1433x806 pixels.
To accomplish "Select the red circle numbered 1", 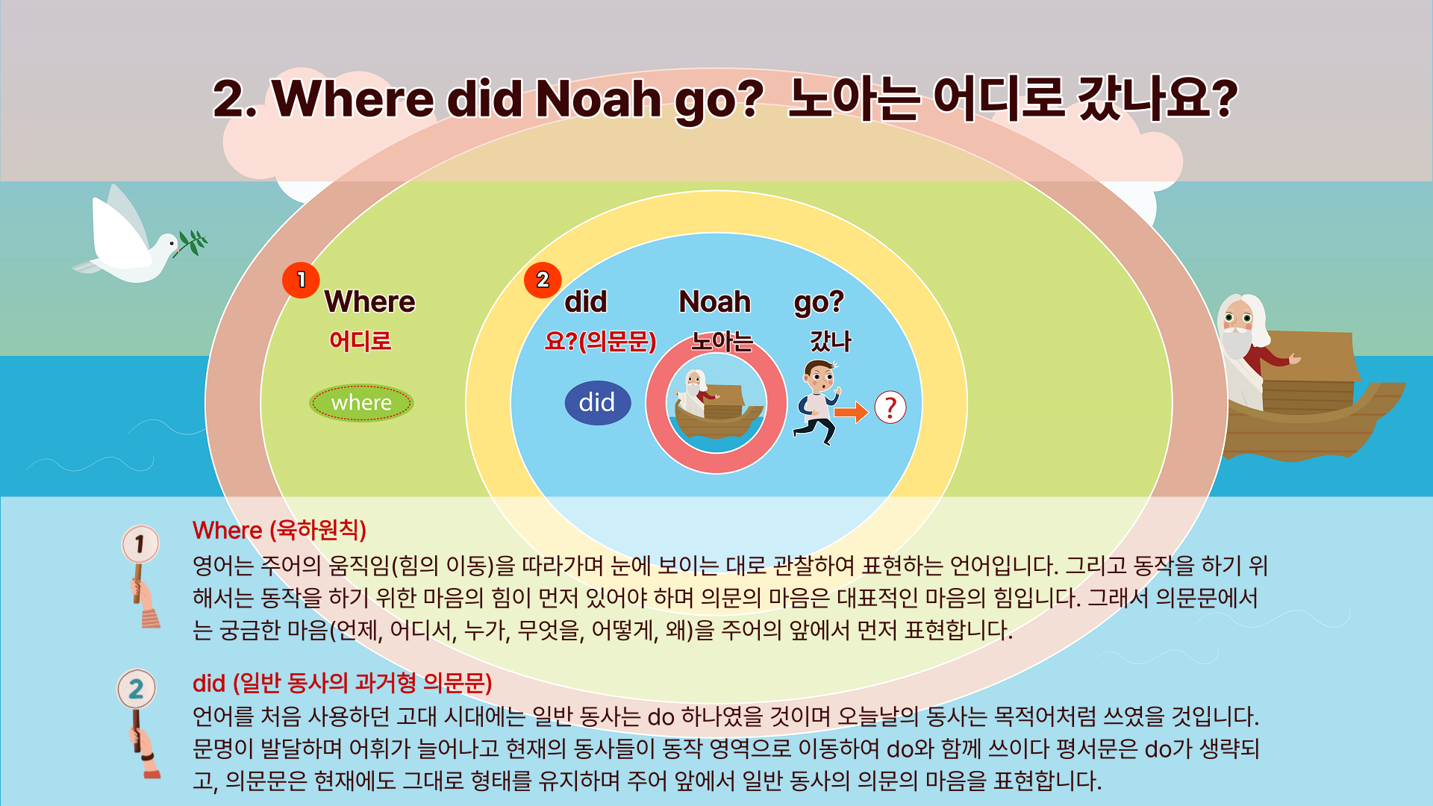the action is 301,280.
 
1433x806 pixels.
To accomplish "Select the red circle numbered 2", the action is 543,280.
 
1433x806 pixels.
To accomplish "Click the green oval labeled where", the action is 361,403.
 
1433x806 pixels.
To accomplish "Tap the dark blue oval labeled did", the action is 598,403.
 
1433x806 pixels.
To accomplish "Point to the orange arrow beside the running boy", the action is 852,411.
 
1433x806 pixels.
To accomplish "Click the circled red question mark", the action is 890,407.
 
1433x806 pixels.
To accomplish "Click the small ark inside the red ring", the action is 716,407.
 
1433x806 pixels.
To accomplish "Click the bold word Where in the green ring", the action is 370,302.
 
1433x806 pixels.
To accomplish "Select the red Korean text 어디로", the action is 360,341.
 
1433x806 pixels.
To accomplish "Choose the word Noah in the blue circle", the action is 715,302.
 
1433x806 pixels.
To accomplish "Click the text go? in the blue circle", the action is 819,302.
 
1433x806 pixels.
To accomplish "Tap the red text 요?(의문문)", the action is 601,341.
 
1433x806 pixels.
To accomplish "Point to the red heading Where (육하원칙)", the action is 280,530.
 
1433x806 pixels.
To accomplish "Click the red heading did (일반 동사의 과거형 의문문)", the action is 343,683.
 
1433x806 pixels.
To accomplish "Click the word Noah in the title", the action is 599,99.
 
